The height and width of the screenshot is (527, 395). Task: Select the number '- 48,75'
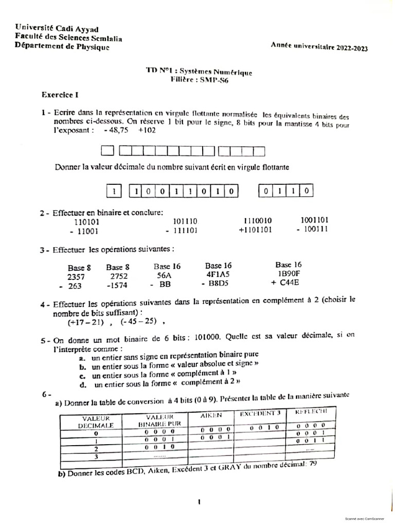(x=115, y=131)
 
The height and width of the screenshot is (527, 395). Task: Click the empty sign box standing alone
(x=107, y=151)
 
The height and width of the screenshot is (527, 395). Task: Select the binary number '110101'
(x=87, y=222)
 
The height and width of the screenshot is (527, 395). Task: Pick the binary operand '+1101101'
(x=255, y=230)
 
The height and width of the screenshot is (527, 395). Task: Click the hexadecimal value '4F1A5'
(x=218, y=275)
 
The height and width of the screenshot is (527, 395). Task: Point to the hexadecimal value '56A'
(x=164, y=275)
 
